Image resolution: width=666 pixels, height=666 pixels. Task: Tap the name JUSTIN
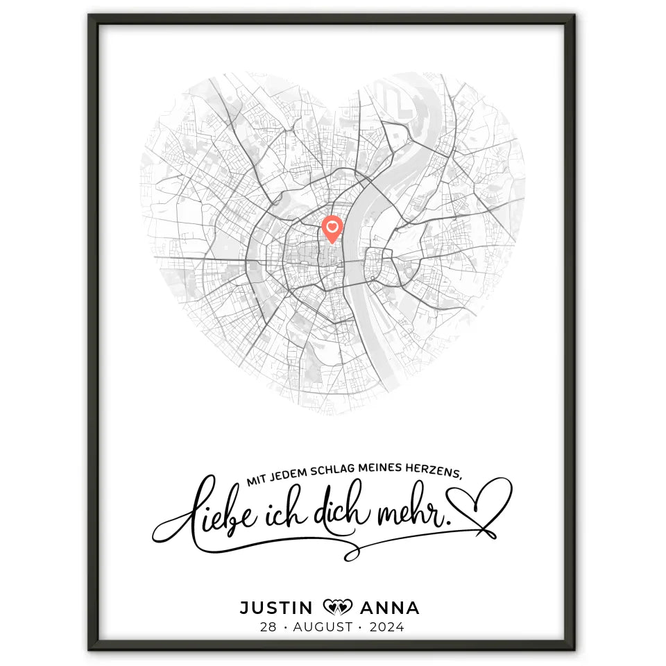[276, 608]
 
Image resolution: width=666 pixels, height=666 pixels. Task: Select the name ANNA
[390, 608]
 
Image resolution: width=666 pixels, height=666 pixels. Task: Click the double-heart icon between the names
[338, 608]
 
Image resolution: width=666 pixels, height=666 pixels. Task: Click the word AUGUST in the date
[323, 627]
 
